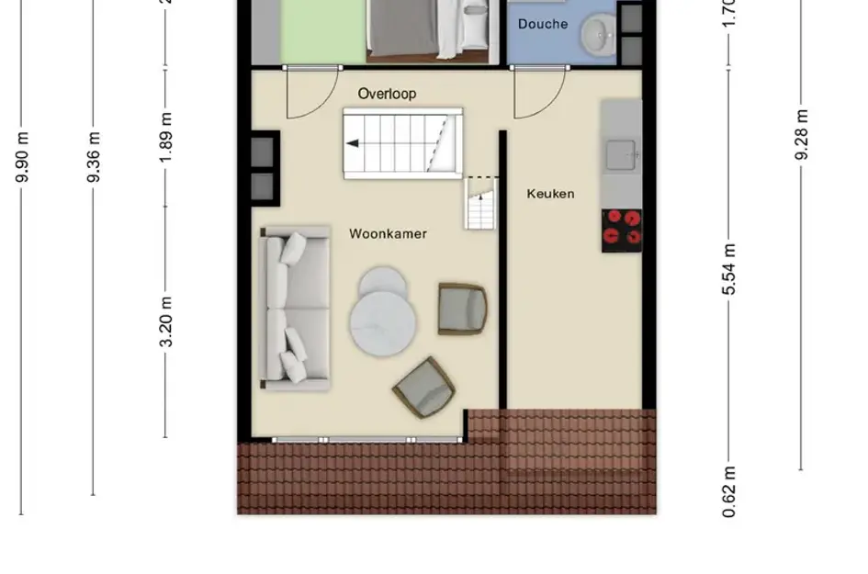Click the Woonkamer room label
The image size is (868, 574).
pos(388,234)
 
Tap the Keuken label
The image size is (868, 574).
pos(550,194)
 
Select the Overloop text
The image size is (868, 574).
pos(387,94)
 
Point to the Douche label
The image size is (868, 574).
pos(542,24)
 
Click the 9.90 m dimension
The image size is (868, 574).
pos(22,157)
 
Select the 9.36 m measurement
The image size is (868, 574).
pos(94,157)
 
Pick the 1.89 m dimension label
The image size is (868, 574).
pos(166,141)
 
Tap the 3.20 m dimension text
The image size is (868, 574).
pos(166,322)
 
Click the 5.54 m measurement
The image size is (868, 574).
pos(729,270)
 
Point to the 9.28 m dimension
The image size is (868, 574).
pos(801,134)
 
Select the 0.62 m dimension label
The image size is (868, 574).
pos(729,491)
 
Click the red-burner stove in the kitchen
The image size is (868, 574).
pos(622,230)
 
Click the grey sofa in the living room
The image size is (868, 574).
pos(294,308)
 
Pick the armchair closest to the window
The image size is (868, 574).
pos(423,387)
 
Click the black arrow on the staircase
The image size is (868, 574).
pos(352,143)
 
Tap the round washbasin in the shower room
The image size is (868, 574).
pos(597,38)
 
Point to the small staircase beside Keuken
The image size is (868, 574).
pos(480,204)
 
